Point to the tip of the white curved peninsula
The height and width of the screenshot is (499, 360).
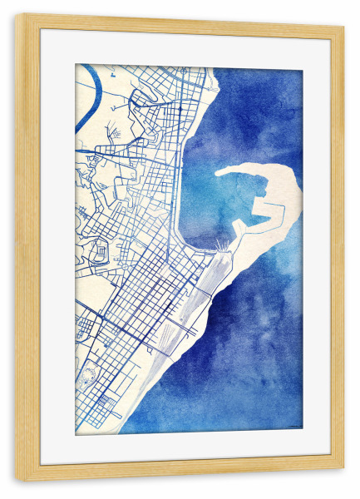(219, 173)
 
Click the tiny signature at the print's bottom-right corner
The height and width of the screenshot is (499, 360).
(293, 429)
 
